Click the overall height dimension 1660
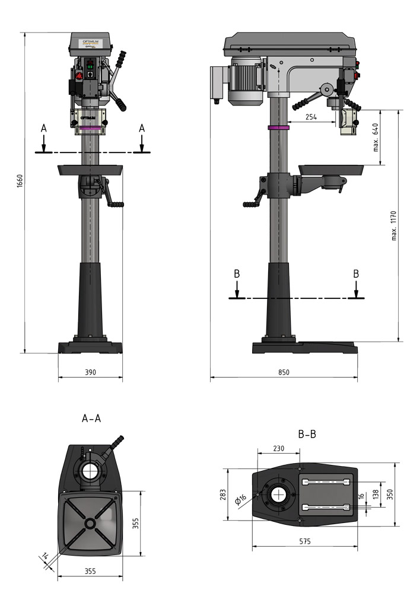coord(20,181)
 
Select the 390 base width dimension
coord(90,372)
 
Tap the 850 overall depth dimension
coord(284,372)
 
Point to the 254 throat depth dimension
coord(311,117)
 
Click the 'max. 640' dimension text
coord(376,137)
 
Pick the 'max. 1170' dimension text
coord(393,225)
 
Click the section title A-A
coord(91,419)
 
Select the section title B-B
coord(307,435)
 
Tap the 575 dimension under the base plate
coord(304,541)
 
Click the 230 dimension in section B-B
coord(278,449)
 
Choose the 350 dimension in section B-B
coord(390,494)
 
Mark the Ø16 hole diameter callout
coord(241,500)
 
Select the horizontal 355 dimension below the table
coord(90,572)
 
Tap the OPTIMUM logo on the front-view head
coord(91,40)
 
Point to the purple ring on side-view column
coord(278,127)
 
